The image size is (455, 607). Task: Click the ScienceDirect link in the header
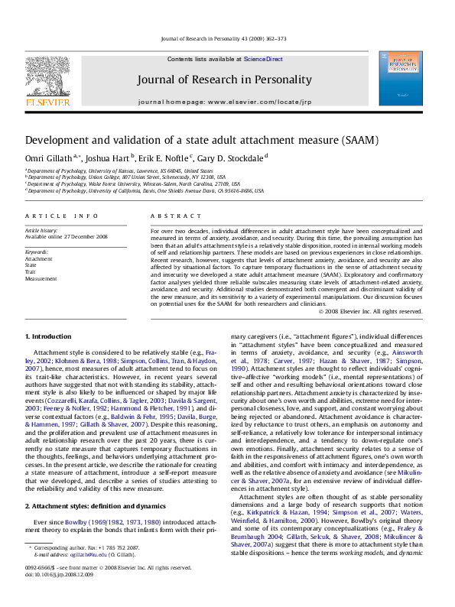(263, 59)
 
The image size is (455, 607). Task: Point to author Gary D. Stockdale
(227, 157)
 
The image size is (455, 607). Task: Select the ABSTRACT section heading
(170, 216)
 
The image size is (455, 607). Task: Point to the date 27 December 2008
(86, 237)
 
